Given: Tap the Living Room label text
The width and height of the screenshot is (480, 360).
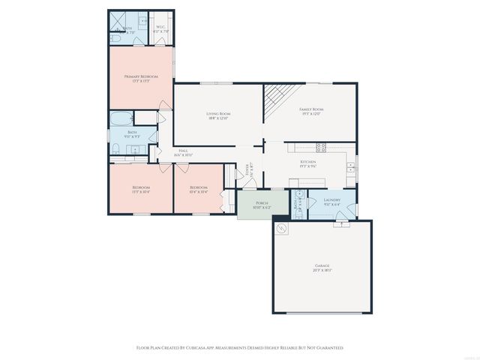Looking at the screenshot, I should coord(217,113).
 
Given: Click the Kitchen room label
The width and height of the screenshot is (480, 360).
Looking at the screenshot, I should coord(308,161).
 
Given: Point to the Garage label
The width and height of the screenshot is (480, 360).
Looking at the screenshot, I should coord(321,265).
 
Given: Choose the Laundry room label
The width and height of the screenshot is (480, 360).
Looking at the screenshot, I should coord(332,199).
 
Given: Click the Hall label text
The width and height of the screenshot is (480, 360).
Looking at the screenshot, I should coord(183,151).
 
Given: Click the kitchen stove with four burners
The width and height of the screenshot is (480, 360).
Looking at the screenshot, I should coord(320,147).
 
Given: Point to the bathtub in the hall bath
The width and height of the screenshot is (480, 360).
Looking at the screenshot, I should coord(120,118).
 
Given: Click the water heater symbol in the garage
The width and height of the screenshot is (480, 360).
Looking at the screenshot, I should coord(283,229).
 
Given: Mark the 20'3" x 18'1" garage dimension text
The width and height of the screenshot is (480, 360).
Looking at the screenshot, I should coord(321,271).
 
